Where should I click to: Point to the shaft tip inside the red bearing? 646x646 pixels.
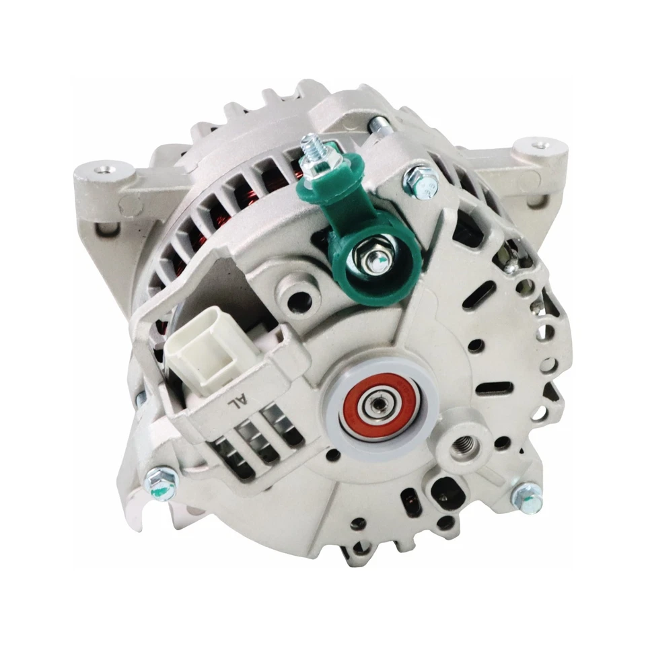pyautogui.click(x=373, y=405)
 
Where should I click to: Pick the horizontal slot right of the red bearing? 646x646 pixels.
pyautogui.click(x=495, y=388)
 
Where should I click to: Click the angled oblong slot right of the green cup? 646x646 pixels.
pyautogui.click(x=480, y=295)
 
